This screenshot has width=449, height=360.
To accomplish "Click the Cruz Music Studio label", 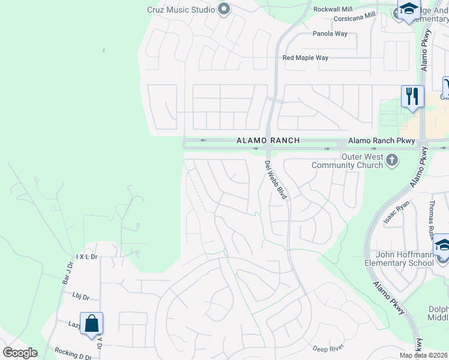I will coord(181,10).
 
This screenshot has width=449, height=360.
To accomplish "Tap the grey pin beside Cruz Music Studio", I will coord(224,9).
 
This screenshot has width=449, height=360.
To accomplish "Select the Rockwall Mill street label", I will coord(333,10).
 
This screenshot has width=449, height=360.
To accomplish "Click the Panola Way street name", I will coord(330,34).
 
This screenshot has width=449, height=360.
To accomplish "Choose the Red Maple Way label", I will coord(306,58).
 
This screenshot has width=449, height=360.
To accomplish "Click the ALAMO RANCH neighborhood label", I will coord(259,140).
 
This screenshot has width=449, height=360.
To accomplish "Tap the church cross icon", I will coord(392,160).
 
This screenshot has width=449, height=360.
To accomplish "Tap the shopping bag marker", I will coord(91,324).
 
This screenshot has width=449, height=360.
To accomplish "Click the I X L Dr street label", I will coord(86,256).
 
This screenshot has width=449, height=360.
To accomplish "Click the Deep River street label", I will coord(327,348).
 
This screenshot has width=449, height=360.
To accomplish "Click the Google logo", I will coord(20,353).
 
